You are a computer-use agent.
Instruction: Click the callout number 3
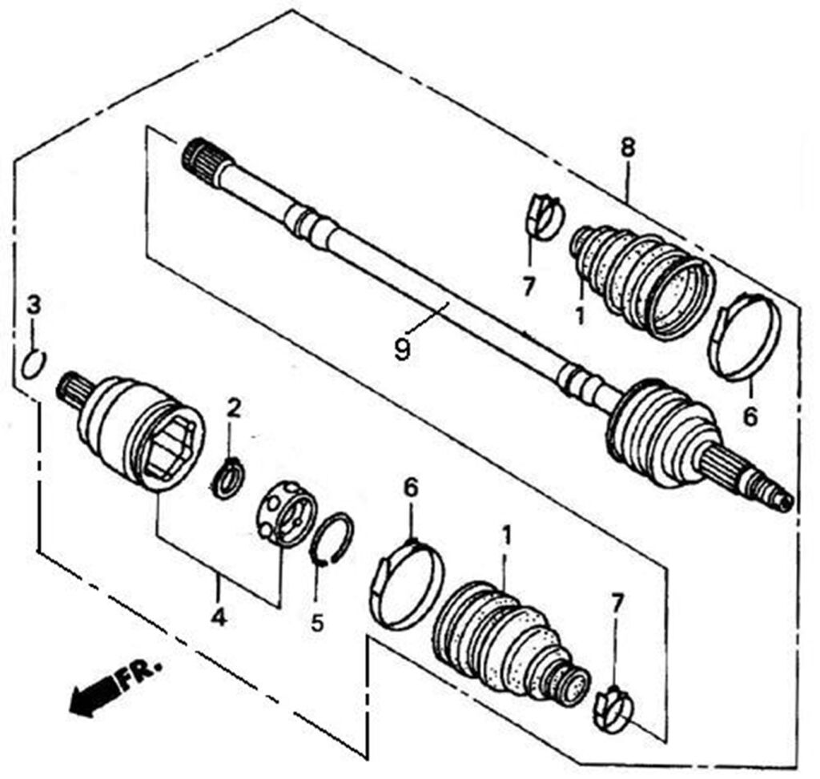click(34, 305)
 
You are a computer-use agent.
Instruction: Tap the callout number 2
click(234, 408)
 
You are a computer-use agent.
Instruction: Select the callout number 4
click(219, 618)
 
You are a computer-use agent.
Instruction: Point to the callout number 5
click(317, 622)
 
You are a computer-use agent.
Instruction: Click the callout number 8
click(628, 148)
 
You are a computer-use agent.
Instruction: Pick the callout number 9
click(402, 350)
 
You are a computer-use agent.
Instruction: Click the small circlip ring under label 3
click(34, 364)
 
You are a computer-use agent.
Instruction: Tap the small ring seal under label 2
click(227, 477)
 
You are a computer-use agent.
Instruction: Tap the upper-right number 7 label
click(529, 287)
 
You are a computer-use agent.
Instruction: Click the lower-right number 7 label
click(617, 604)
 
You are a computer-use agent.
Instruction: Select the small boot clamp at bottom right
click(613, 709)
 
